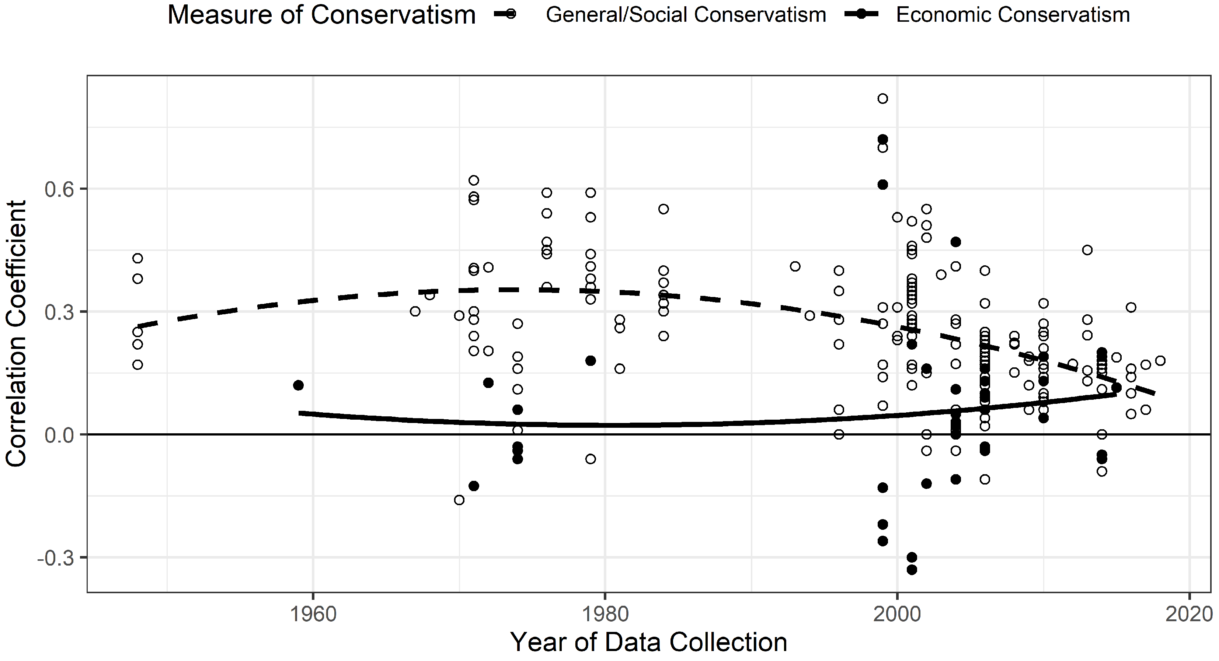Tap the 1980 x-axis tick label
(x=605, y=615)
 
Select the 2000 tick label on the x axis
(x=897, y=615)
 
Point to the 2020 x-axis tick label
(x=1189, y=615)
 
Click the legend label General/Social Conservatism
(x=686, y=15)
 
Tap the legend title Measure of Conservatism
(x=322, y=15)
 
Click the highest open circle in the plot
(x=882, y=98)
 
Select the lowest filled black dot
(x=912, y=570)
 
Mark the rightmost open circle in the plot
(x=1160, y=361)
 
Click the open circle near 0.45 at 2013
(x=1087, y=250)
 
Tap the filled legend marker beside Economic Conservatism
(x=861, y=15)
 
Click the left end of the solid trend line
(x=299, y=413)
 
